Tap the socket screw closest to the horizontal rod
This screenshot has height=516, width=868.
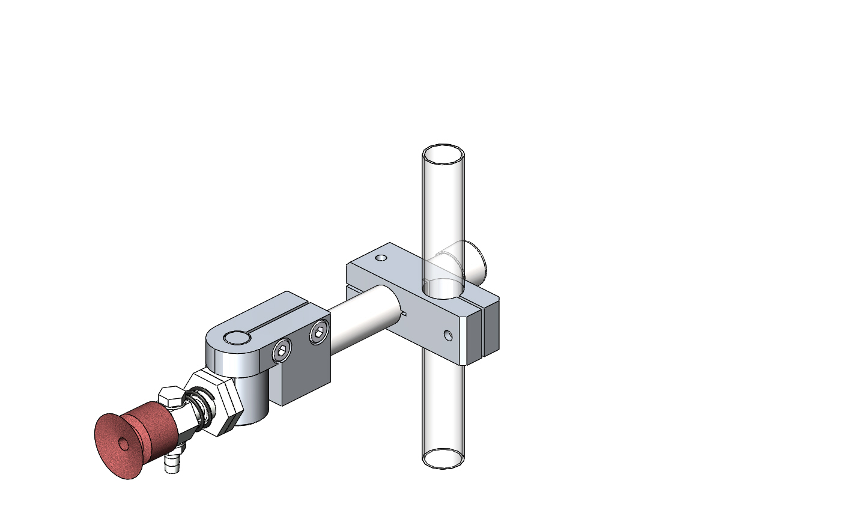(319, 332)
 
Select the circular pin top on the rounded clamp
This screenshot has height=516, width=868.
(237, 338)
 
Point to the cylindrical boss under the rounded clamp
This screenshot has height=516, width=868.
(252, 402)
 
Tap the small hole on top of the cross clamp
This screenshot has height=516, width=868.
(380, 258)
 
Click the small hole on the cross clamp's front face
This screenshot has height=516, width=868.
(448, 335)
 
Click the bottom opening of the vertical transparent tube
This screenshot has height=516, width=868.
(443, 458)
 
